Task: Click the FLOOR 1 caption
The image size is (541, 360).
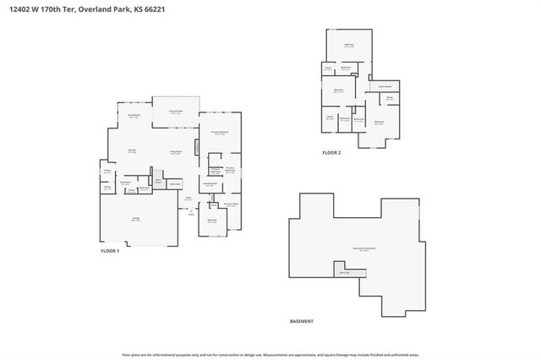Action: (111, 251)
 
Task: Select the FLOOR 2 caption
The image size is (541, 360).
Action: (331, 153)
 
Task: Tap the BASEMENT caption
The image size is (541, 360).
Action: (301, 321)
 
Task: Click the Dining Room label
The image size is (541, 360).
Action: (134, 116)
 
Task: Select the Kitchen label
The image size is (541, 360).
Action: (133, 151)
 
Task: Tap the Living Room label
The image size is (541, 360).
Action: (176, 152)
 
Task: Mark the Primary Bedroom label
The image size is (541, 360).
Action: (219, 133)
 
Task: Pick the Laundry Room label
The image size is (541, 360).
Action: (210, 184)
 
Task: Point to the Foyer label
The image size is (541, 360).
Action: (188, 199)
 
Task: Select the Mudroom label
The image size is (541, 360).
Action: (124, 183)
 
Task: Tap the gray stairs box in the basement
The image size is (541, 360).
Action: (345, 273)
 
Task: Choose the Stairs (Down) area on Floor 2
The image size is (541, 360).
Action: (384, 86)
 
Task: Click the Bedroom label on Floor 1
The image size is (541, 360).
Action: (212, 221)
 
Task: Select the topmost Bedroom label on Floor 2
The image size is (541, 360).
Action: (348, 45)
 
